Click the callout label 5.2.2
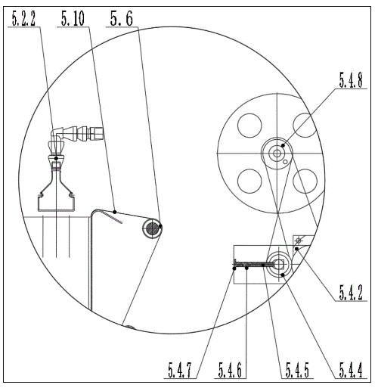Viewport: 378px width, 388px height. click(24, 19)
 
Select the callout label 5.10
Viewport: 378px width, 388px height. click(73, 19)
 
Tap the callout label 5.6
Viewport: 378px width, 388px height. click(122, 19)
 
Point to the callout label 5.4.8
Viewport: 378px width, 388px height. click(351, 80)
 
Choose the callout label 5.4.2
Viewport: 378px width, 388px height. click(351, 293)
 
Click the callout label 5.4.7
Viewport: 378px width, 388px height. click(180, 370)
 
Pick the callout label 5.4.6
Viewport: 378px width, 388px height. click(230, 370)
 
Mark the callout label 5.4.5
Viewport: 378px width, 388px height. click(297, 370)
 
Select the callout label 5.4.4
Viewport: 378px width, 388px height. click(351, 370)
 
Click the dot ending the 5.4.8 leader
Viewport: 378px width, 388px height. click(283, 145)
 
